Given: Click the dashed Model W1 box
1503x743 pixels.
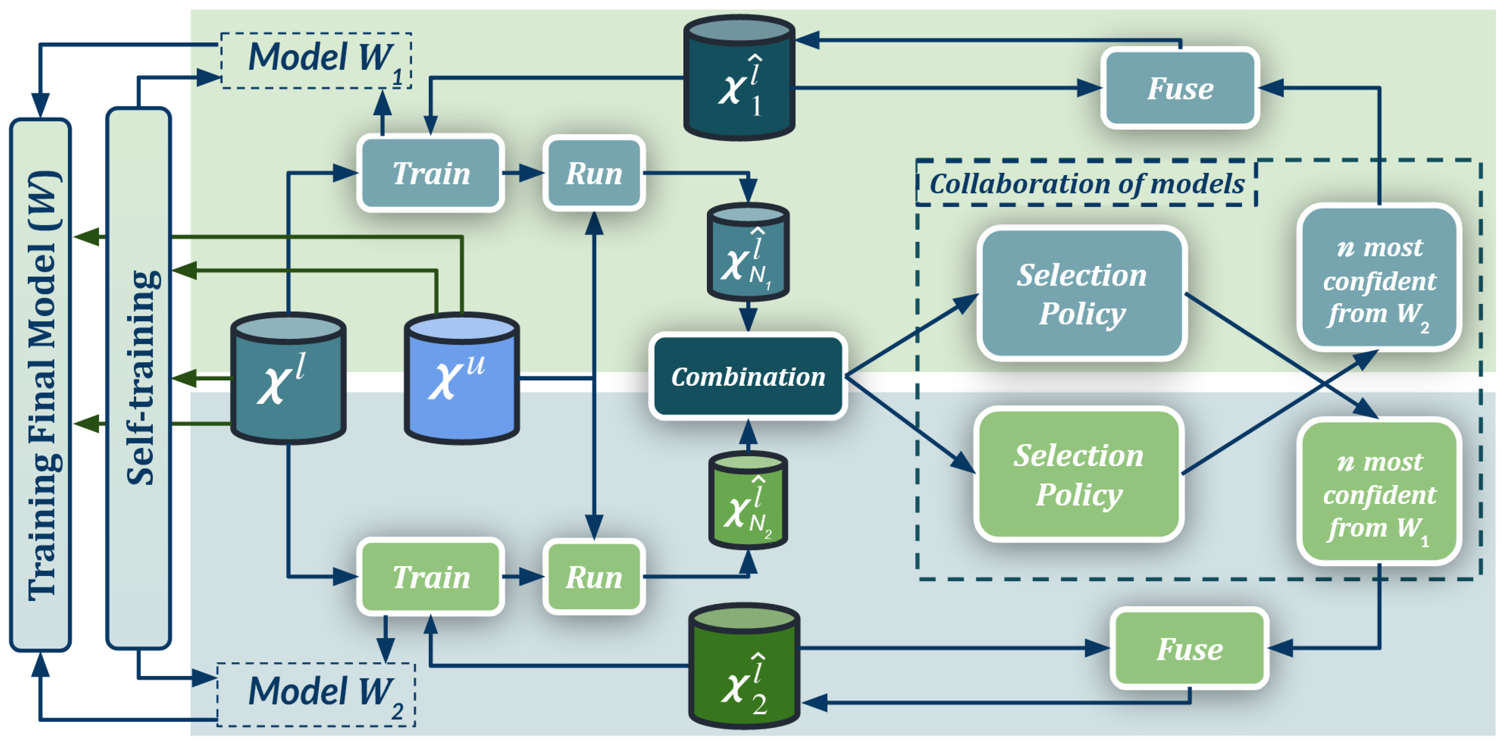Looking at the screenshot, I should click(316, 61).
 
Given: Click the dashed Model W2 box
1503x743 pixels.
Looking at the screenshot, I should click(316, 694).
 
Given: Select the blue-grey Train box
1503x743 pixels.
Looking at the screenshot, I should click(431, 173).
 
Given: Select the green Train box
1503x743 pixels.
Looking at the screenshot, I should click(431, 576).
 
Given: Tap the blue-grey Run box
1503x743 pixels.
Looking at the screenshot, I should click(594, 173).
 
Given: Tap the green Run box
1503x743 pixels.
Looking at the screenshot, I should click(594, 576).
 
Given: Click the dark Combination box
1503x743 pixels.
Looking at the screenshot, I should click(748, 376).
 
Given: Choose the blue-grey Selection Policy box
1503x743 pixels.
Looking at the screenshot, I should click(1082, 293).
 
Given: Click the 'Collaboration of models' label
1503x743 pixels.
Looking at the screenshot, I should click(1087, 183).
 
